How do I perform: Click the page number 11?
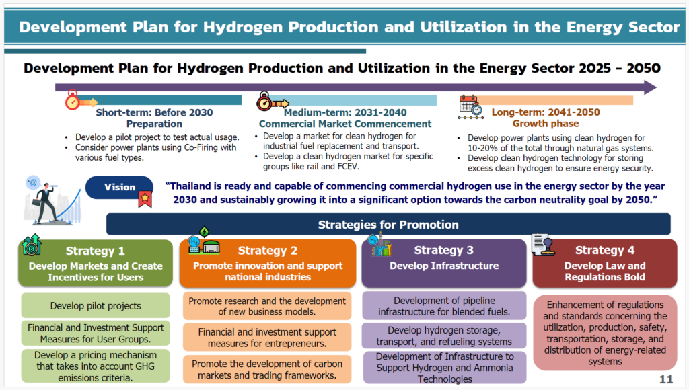tap(666, 379)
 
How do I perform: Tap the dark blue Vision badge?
tap(119, 187)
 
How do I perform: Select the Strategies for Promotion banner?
tap(388, 225)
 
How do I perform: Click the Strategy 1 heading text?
tap(95, 251)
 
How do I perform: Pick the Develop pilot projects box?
tap(96, 306)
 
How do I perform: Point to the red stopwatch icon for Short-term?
tap(73, 100)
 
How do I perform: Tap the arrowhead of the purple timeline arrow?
tap(651, 87)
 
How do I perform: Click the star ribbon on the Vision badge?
tap(145, 199)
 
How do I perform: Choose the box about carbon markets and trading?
tap(267, 369)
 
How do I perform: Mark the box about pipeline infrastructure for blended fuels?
tap(444, 306)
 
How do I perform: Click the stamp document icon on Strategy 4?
tap(543, 244)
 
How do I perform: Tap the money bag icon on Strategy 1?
tap(32, 245)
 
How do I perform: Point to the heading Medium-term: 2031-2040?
tap(345, 112)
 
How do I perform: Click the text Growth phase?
tap(545, 124)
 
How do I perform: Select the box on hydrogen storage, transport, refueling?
tap(444, 336)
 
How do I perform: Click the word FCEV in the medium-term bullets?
tap(347, 167)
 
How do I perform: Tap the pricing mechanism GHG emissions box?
tap(96, 366)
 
